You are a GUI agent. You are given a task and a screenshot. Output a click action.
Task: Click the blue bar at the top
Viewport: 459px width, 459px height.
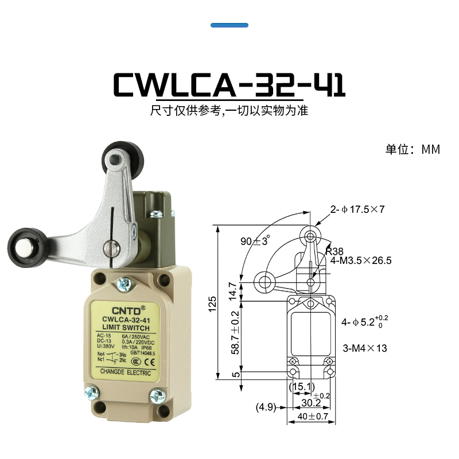[229, 25]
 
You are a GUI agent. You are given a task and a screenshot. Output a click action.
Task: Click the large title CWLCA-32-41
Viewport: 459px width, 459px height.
[229, 84]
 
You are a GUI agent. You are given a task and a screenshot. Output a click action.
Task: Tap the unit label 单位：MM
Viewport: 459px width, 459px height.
[412, 150]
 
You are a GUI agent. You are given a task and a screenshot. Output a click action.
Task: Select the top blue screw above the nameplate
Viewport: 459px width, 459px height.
[123, 283]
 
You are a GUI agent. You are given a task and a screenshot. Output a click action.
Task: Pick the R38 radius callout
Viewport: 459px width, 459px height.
[334, 251]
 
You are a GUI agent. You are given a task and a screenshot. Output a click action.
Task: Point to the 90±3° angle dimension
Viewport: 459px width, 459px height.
[255, 241]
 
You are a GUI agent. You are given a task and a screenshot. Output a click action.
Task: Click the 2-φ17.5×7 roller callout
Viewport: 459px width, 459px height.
[357, 209]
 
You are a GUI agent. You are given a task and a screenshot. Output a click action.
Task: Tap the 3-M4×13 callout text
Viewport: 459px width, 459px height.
[364, 348]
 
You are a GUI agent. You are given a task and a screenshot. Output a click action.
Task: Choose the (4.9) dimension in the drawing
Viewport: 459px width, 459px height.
[266, 408]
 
